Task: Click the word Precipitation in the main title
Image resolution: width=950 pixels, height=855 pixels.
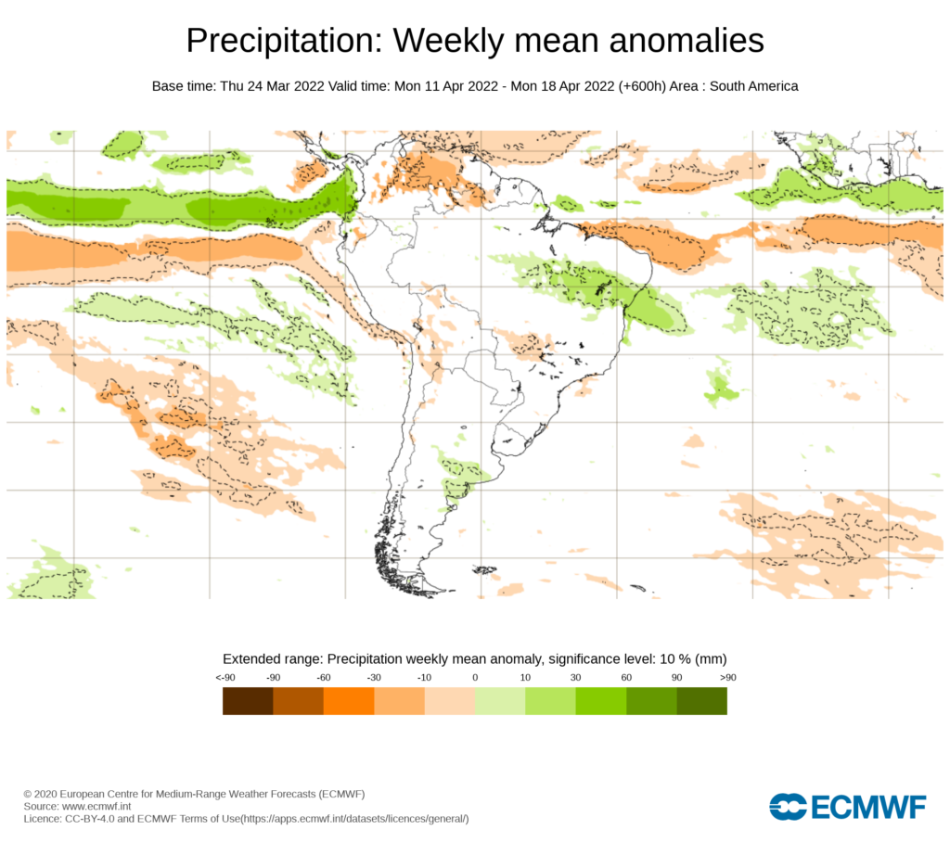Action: point(284,42)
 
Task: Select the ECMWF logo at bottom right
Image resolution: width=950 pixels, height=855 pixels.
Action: point(848,807)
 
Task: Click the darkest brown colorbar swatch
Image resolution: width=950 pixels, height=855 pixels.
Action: point(248,701)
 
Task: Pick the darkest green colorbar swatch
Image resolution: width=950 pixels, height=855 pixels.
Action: point(701,701)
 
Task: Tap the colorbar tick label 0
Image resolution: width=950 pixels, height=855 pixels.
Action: point(475,678)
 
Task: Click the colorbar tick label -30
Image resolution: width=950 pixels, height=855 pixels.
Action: point(374,678)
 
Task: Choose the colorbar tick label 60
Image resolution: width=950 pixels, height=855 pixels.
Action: point(626,678)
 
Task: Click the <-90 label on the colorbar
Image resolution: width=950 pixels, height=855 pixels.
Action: point(224,678)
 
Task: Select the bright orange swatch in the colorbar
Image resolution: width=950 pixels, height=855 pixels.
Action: point(349,701)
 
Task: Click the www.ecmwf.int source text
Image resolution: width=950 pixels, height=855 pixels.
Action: point(96,807)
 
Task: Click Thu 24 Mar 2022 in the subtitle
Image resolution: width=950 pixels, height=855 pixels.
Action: point(271,86)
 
